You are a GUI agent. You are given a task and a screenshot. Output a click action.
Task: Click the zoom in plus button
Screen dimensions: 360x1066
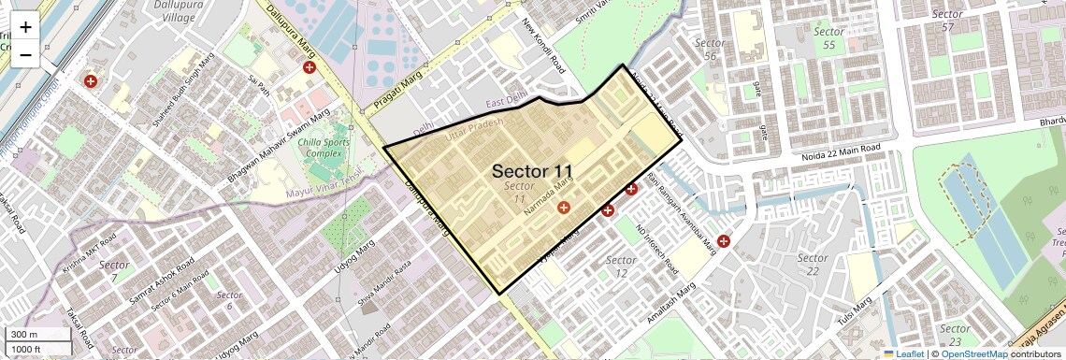coord(25,27)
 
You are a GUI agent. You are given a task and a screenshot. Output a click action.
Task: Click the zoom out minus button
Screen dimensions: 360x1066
coord(25,54)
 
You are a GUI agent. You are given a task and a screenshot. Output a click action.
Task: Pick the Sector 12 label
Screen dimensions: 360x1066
coord(622,266)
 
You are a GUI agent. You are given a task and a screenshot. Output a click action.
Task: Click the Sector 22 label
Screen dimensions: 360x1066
coord(813,265)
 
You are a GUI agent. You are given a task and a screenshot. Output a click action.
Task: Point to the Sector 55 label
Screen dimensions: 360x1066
coord(828,38)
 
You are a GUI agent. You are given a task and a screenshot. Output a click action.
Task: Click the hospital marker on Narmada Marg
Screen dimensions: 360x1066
coord(563,207)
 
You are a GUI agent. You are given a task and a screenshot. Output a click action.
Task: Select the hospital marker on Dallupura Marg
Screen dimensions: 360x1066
coord(309,67)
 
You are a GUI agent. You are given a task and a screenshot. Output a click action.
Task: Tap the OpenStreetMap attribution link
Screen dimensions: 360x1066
coord(973,353)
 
